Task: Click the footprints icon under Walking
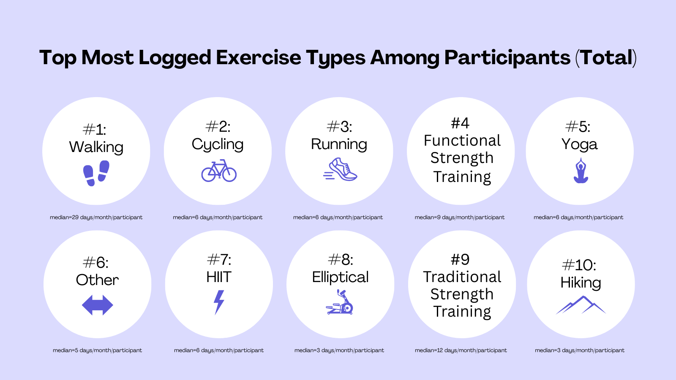pos(96,173)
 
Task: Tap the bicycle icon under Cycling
pos(219,171)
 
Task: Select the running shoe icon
pos(340,169)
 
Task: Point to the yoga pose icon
pos(581,171)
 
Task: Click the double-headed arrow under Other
pos(98,305)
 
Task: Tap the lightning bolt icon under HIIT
pos(219,302)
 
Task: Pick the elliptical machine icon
pos(340,302)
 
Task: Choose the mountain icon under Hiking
pos(581,305)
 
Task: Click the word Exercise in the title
pos(259,57)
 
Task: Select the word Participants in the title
pos(507,58)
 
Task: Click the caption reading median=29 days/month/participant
pos(96,217)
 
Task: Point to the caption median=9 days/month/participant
pos(459,217)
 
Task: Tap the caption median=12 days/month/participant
pos(461,350)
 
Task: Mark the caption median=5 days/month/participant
pos(97,350)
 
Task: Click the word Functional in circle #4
pos(462,141)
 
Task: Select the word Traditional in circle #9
pos(462,277)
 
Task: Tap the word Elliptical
pos(341,277)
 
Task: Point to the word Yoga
pos(579,144)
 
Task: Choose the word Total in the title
pos(606,57)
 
